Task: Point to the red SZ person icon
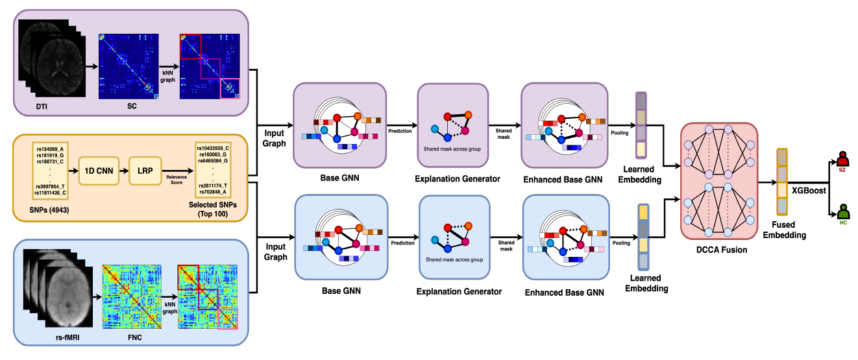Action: pos(843,160)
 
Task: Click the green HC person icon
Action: pos(843,213)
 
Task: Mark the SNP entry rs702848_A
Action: pos(212,193)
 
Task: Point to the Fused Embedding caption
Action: pos(788,230)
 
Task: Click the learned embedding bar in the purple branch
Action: pos(641,125)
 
